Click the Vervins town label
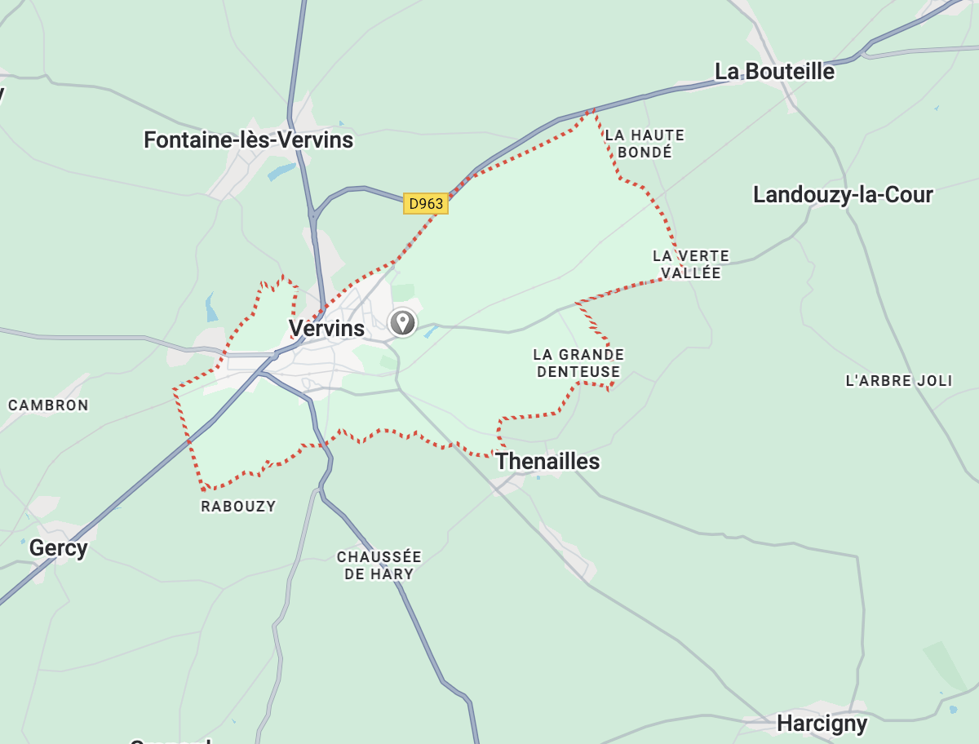(x=326, y=329)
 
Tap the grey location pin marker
(x=402, y=322)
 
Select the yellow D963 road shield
(x=426, y=204)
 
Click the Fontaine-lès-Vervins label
(x=248, y=140)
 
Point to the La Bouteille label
(x=774, y=72)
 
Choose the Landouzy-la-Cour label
(x=843, y=195)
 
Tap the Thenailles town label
(x=547, y=462)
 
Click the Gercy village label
(x=58, y=548)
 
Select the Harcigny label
(x=822, y=723)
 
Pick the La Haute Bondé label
(x=645, y=144)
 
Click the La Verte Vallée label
(x=691, y=264)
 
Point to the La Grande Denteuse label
(x=578, y=363)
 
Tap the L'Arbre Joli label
(x=899, y=381)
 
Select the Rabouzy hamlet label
(x=238, y=507)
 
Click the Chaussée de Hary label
(x=379, y=565)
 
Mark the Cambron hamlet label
(x=48, y=405)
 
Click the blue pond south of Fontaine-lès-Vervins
(x=281, y=172)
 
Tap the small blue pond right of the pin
(x=431, y=331)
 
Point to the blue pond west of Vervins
(x=211, y=308)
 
